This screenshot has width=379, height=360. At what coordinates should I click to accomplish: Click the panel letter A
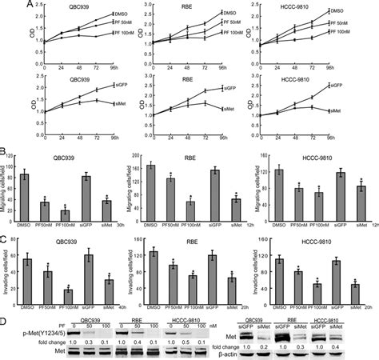(6, 6)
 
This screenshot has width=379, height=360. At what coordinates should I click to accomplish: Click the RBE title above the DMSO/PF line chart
(194, 6)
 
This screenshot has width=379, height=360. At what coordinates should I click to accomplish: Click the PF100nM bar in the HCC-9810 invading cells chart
(297, 286)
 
